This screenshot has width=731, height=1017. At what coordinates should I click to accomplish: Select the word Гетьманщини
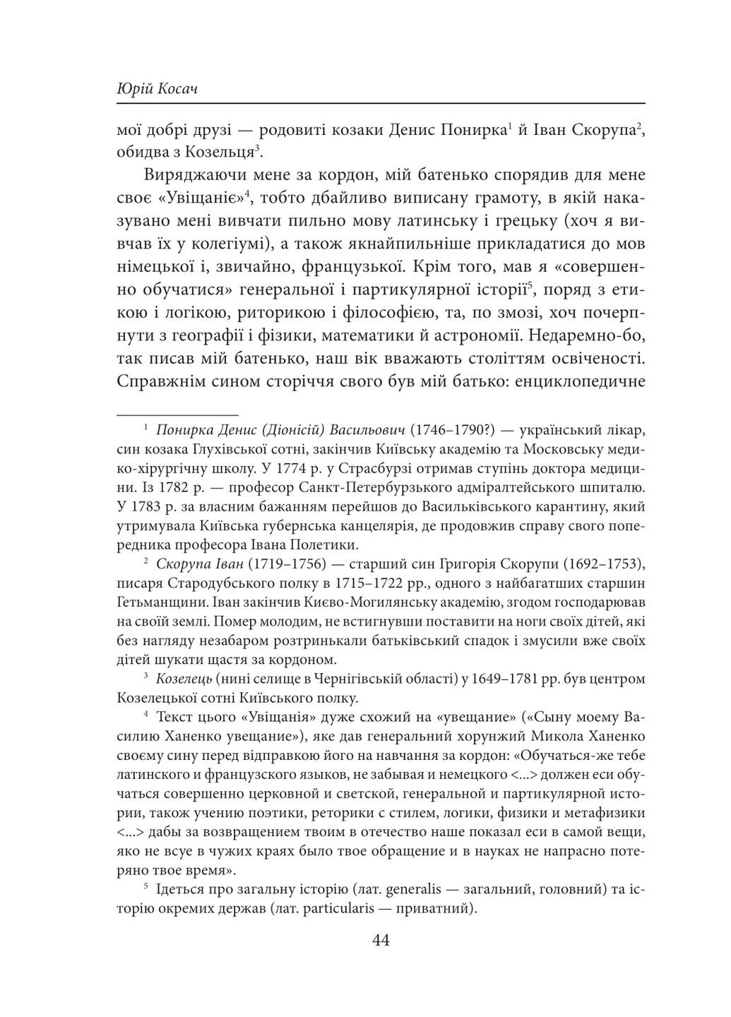[162, 602]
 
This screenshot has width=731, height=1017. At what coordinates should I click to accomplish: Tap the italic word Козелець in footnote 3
[185, 679]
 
